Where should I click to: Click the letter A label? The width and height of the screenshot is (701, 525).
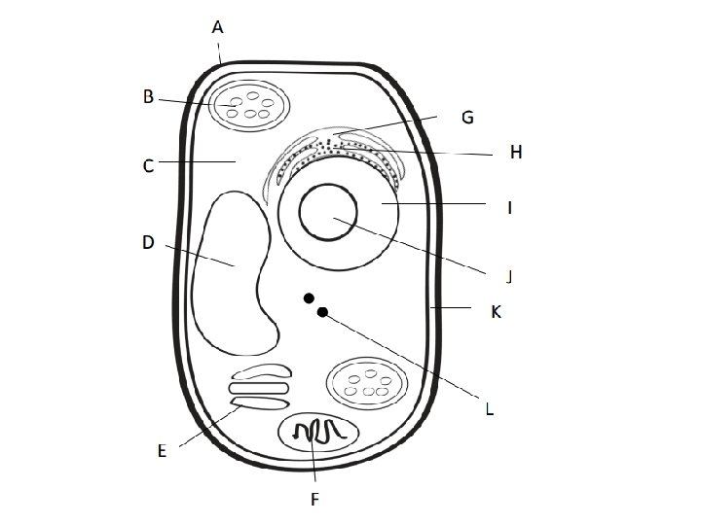[x=218, y=28]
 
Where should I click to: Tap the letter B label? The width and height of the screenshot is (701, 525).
[x=148, y=96]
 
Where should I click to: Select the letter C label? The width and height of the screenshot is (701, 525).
[x=148, y=166]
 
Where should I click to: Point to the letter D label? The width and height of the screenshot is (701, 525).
[x=148, y=243]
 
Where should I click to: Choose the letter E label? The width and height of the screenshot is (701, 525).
[x=163, y=450]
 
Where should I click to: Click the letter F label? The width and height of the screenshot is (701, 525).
[x=314, y=500]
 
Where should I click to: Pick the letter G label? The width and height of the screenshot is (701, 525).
[x=467, y=118]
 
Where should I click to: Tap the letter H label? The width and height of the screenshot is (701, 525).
[x=516, y=153]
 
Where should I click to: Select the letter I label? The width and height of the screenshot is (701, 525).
[x=509, y=207]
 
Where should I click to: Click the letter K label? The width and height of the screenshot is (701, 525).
[x=495, y=312]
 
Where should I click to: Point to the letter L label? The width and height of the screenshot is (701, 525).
[x=489, y=409]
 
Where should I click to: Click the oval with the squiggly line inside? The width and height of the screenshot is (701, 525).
[x=318, y=432]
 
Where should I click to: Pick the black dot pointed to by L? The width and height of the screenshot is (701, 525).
[x=323, y=312]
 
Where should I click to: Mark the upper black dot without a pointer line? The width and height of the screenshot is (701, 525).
[x=309, y=297]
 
